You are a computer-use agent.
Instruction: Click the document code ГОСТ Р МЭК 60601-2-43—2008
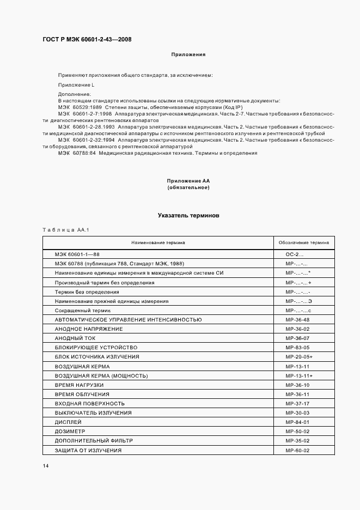point(87,39)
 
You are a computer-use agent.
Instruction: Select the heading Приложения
point(188,54)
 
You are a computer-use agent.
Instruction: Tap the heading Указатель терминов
point(188,216)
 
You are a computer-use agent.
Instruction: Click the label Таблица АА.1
point(65,229)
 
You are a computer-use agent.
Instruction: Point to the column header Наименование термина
point(158,242)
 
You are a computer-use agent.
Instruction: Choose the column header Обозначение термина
point(304,242)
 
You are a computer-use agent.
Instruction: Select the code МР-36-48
point(297,320)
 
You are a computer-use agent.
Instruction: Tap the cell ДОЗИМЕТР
point(74,431)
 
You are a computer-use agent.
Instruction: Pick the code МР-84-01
point(297,422)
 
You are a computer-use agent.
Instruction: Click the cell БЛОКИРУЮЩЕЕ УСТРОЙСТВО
point(96,348)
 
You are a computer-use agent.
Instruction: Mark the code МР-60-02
point(297,451)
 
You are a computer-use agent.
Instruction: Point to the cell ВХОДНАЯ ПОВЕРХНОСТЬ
point(90,403)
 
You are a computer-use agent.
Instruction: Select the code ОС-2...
point(295,254)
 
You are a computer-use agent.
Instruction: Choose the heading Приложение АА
point(188,181)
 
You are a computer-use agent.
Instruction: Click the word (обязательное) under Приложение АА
point(188,187)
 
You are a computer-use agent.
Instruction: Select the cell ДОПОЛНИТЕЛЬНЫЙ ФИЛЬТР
point(94,440)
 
